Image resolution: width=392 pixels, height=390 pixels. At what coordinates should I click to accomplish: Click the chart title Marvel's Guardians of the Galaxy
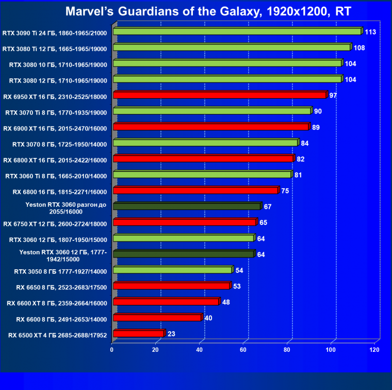tap(195, 11)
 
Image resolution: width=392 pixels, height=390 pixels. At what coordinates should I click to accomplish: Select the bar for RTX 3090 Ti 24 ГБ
tap(237, 31)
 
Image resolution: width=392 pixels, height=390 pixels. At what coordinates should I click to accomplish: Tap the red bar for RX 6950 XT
tap(219, 95)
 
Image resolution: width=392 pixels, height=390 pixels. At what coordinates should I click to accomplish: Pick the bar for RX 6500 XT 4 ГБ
tap(138, 334)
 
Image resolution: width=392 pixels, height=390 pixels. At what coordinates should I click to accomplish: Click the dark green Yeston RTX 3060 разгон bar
tap(187, 206)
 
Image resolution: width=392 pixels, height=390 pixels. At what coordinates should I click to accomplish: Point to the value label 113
tap(370, 32)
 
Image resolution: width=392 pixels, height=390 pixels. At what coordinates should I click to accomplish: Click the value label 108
tap(359, 48)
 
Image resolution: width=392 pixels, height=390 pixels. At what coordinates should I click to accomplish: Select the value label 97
tap(333, 95)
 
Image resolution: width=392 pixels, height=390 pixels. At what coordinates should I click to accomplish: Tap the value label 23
tap(171, 334)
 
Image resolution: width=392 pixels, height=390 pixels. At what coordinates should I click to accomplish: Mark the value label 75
tap(285, 191)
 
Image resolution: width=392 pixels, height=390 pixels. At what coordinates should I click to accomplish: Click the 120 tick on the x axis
tap(374, 350)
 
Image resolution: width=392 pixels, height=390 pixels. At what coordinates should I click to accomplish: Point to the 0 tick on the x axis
tap(112, 350)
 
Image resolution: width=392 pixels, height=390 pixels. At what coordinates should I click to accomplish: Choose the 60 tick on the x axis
tap(243, 350)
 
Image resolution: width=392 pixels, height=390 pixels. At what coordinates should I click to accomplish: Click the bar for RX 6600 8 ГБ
tap(157, 318)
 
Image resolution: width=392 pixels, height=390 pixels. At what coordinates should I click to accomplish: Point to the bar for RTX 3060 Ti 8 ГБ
tap(202, 175)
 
